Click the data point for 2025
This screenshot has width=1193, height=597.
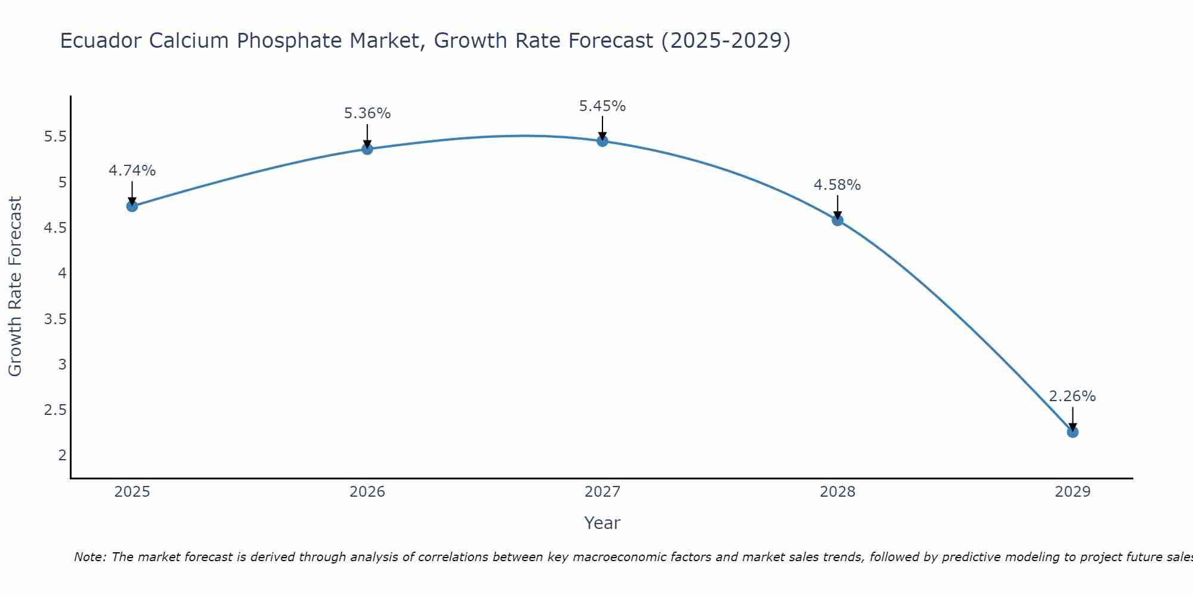point(132,207)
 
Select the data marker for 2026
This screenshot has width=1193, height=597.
point(367,149)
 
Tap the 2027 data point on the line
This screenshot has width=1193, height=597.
point(602,141)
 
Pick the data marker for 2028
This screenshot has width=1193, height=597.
point(837,220)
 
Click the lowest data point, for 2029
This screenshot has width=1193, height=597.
point(1073,432)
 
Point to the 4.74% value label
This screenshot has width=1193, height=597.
point(132,171)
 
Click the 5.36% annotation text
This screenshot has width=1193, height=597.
point(367,113)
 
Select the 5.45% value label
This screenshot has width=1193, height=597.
point(602,106)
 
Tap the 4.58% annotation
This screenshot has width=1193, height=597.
point(837,185)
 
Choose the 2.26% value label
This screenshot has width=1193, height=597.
point(1073,396)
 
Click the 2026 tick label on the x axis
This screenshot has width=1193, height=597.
point(367,492)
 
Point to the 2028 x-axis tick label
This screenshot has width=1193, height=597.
point(837,492)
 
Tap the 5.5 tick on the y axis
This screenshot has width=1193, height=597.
point(55,137)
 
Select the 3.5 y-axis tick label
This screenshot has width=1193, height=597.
point(55,319)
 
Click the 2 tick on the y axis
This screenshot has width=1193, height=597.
point(62,456)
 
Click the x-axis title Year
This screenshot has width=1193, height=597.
point(602,523)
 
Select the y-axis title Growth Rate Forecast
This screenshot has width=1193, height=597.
point(15,287)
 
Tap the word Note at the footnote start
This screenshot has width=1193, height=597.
point(89,557)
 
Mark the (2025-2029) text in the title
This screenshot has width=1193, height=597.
point(726,41)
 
